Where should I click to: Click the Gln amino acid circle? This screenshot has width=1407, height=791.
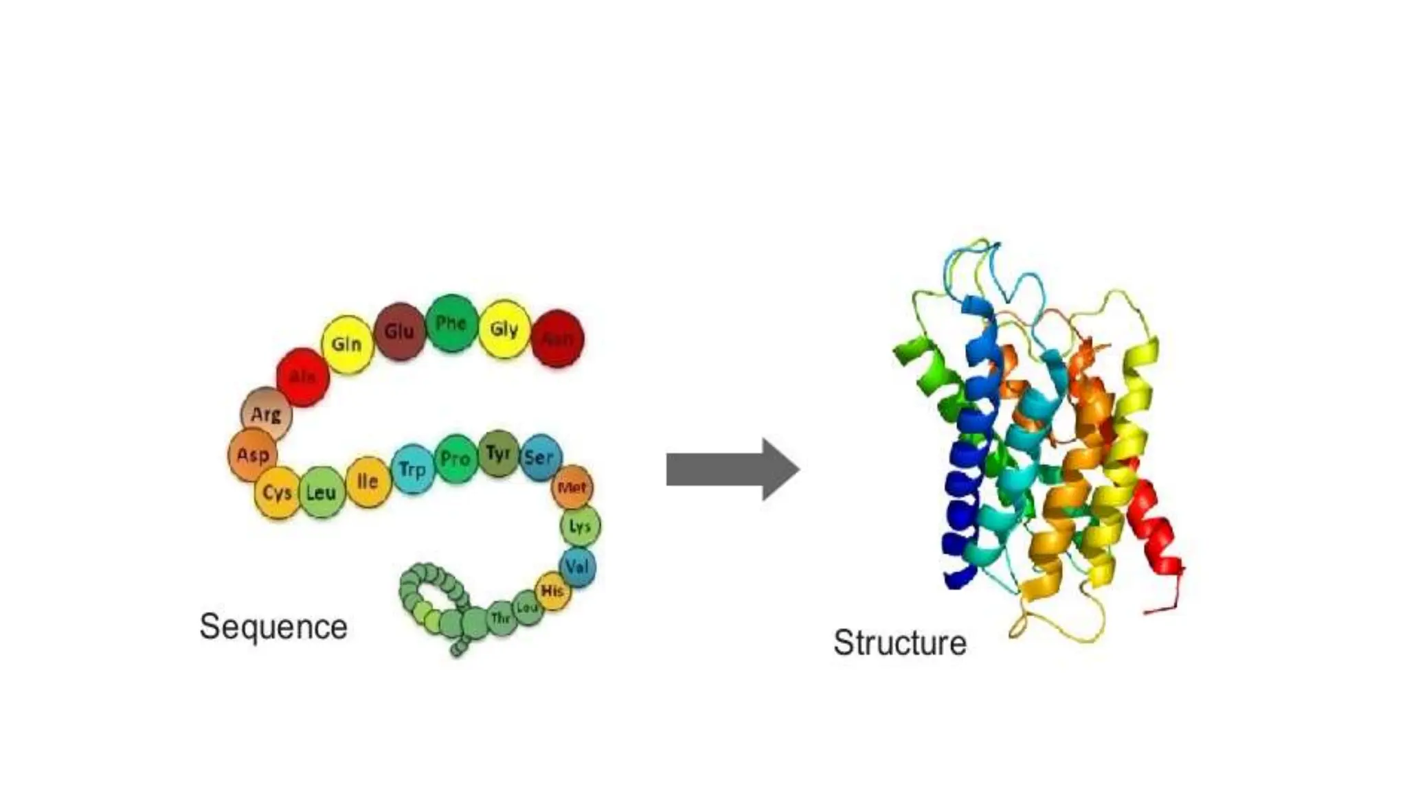[347, 344]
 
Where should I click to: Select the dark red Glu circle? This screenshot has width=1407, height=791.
[399, 332]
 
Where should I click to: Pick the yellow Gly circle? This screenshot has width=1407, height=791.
[504, 329]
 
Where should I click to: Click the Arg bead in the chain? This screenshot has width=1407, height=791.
[267, 415]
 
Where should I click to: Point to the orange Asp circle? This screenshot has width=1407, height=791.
[253, 455]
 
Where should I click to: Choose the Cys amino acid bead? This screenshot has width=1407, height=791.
[278, 493]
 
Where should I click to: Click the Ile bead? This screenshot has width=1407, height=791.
[368, 481]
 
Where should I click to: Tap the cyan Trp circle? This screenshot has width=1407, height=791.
[413, 470]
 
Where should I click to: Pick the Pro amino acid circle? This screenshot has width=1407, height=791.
[455, 459]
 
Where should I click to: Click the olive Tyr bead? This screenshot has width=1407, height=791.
[498, 454]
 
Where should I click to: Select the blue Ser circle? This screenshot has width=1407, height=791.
[540, 457]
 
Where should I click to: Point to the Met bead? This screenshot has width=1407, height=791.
[572, 488]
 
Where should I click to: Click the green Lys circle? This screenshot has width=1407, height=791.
[581, 527]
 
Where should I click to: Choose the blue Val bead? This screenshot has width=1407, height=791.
[578, 567]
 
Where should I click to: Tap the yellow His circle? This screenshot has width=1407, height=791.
[552, 591]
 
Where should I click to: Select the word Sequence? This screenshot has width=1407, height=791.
[273, 627]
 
